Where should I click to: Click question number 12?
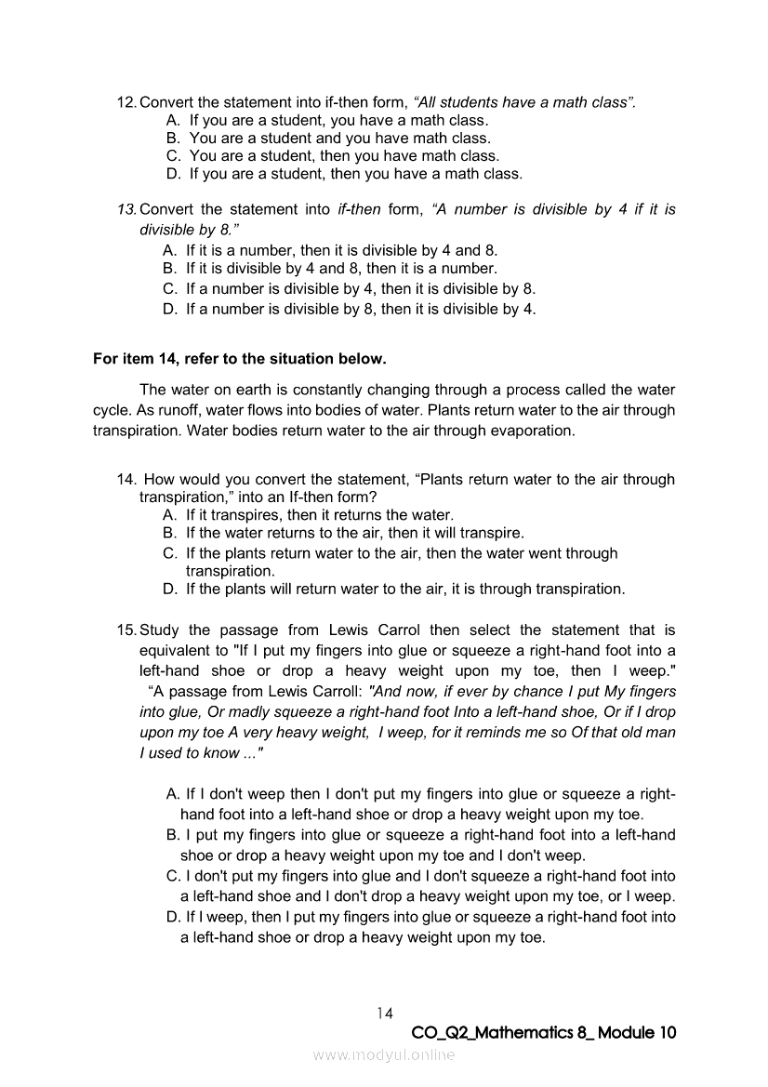point(126,102)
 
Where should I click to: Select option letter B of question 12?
point(172,139)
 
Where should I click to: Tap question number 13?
point(126,209)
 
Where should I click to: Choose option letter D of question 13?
point(169,309)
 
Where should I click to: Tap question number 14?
point(126,480)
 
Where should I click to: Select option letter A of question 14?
point(169,514)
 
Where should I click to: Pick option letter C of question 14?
point(169,553)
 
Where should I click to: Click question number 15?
point(126,630)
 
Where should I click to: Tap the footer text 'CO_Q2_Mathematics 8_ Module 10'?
point(543,1033)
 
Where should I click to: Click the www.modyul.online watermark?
point(384,1054)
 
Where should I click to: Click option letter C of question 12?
point(173,156)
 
